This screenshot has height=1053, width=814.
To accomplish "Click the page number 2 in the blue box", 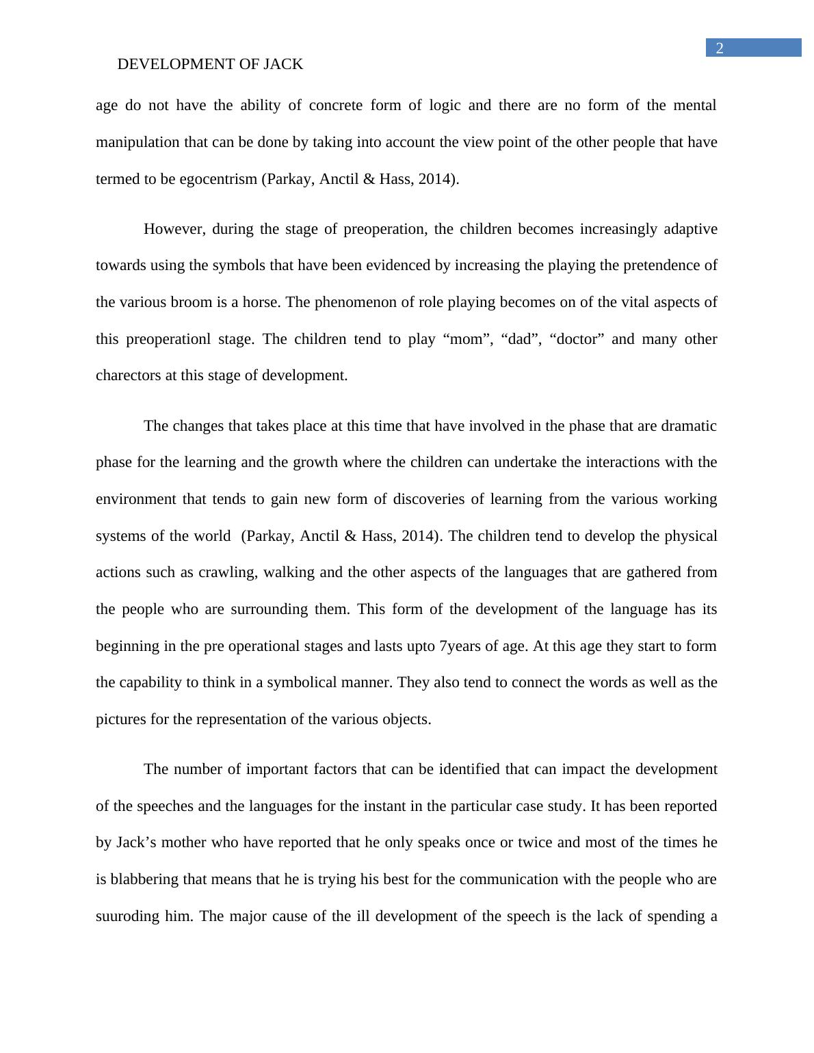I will [719, 48].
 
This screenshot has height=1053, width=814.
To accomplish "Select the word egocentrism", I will [218, 179].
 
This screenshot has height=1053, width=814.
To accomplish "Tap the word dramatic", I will [689, 426].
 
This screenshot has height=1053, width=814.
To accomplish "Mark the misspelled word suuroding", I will [127, 916].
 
